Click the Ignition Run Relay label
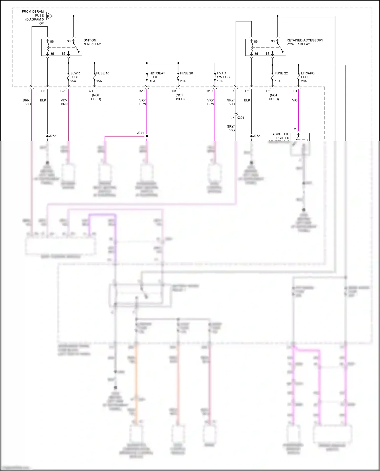click(91, 42)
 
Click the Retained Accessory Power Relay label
click(305, 42)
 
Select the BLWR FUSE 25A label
click(75, 77)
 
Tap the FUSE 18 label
click(103, 73)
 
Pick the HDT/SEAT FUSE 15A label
click(157, 77)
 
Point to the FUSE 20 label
click(186, 73)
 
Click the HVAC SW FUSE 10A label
click(224, 77)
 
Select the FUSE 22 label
click(281, 73)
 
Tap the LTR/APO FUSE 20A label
click(307, 77)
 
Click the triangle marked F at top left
click(49, 16)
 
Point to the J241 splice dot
click(147, 136)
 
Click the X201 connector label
click(240, 118)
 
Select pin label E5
click(27, 91)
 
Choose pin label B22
click(63, 91)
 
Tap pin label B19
click(210, 91)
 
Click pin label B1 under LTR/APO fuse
click(295, 91)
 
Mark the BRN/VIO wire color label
click(27, 102)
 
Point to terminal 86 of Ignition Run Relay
click(52, 42)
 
